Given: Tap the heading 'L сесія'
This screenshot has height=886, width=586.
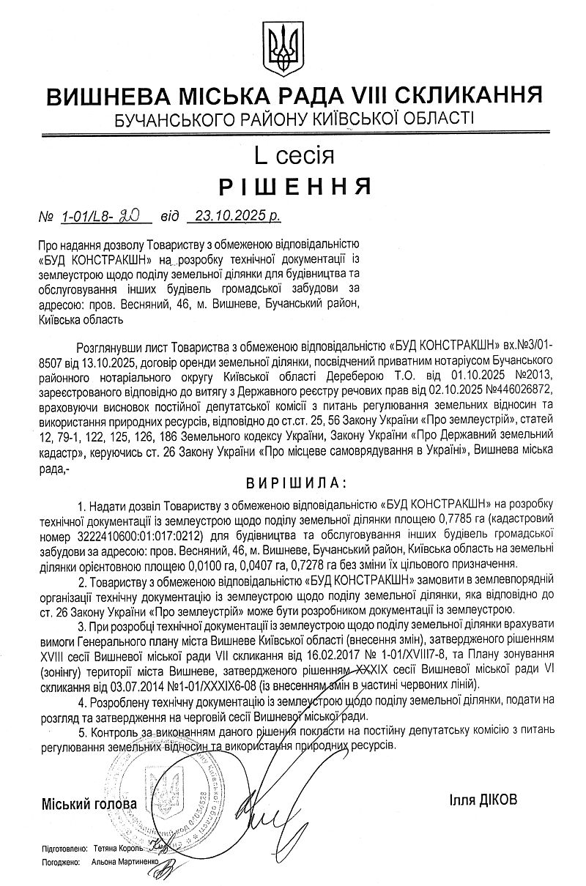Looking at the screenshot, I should click(x=294, y=155).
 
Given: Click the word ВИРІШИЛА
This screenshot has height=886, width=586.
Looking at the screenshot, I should click(x=293, y=483).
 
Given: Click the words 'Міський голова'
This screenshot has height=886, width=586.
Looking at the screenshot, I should click(x=89, y=803).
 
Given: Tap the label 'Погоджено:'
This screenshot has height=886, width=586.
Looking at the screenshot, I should click(x=61, y=863).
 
